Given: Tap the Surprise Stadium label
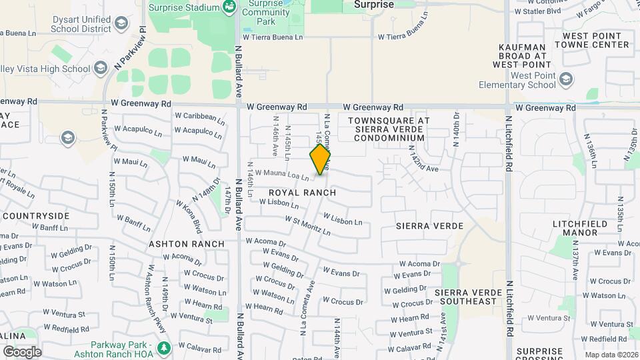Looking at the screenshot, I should coord(183,7).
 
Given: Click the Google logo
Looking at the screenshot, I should coord(22,351).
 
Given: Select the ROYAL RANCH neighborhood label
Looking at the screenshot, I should coord(302,193).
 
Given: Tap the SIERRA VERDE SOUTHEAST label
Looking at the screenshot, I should coord(466,297).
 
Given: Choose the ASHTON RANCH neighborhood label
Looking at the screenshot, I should coord(187,244).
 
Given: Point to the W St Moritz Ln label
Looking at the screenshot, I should coord(307,225).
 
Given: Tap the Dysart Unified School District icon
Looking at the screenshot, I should coord(121,25).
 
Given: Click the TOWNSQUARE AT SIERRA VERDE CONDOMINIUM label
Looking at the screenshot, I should coord(389,129).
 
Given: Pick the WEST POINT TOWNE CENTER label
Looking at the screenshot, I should coord(595,40).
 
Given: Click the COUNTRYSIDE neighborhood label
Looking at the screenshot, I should coord(37,216).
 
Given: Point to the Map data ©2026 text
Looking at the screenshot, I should coord(610,355).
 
